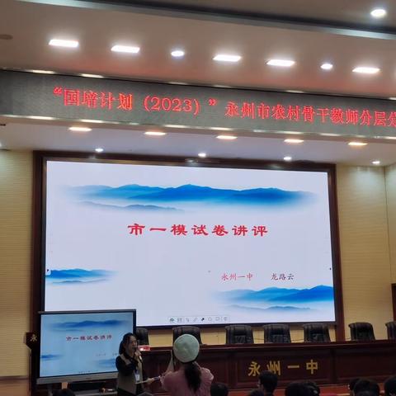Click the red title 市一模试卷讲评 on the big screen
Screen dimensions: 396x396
197,230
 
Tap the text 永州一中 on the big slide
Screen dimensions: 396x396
237,277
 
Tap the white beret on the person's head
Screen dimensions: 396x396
186,347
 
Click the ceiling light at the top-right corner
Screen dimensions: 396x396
378,12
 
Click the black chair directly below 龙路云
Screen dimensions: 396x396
276,333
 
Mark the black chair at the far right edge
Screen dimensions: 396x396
391,330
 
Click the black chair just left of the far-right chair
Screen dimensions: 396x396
361,331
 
